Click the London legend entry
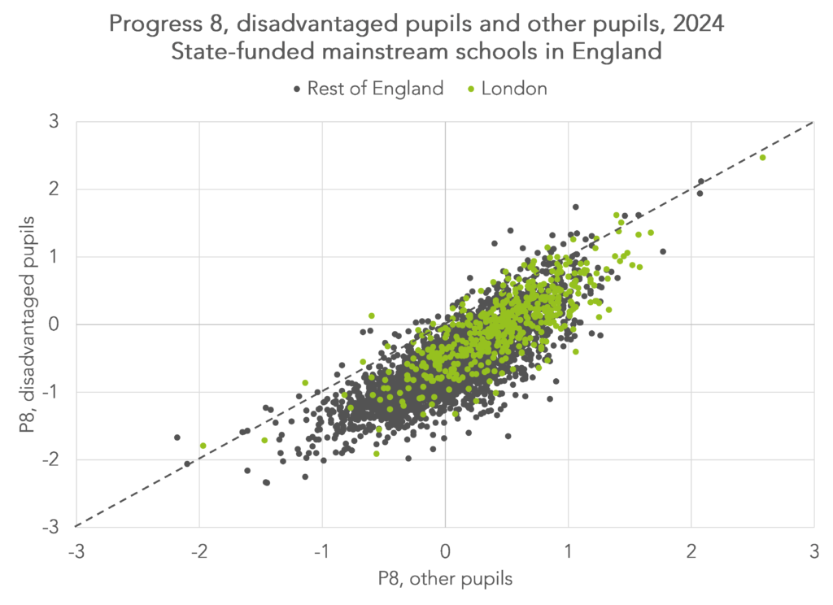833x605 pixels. (514, 89)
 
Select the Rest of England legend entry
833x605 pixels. (375, 89)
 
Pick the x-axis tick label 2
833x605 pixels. (691, 551)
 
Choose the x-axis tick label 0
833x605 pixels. (445, 551)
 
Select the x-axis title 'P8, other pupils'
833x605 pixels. (445, 578)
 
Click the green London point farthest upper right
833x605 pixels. (762, 158)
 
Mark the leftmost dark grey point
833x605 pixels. (177, 437)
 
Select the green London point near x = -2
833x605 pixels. (203, 446)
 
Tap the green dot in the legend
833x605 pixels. (472, 89)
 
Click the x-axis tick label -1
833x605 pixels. (321, 551)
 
